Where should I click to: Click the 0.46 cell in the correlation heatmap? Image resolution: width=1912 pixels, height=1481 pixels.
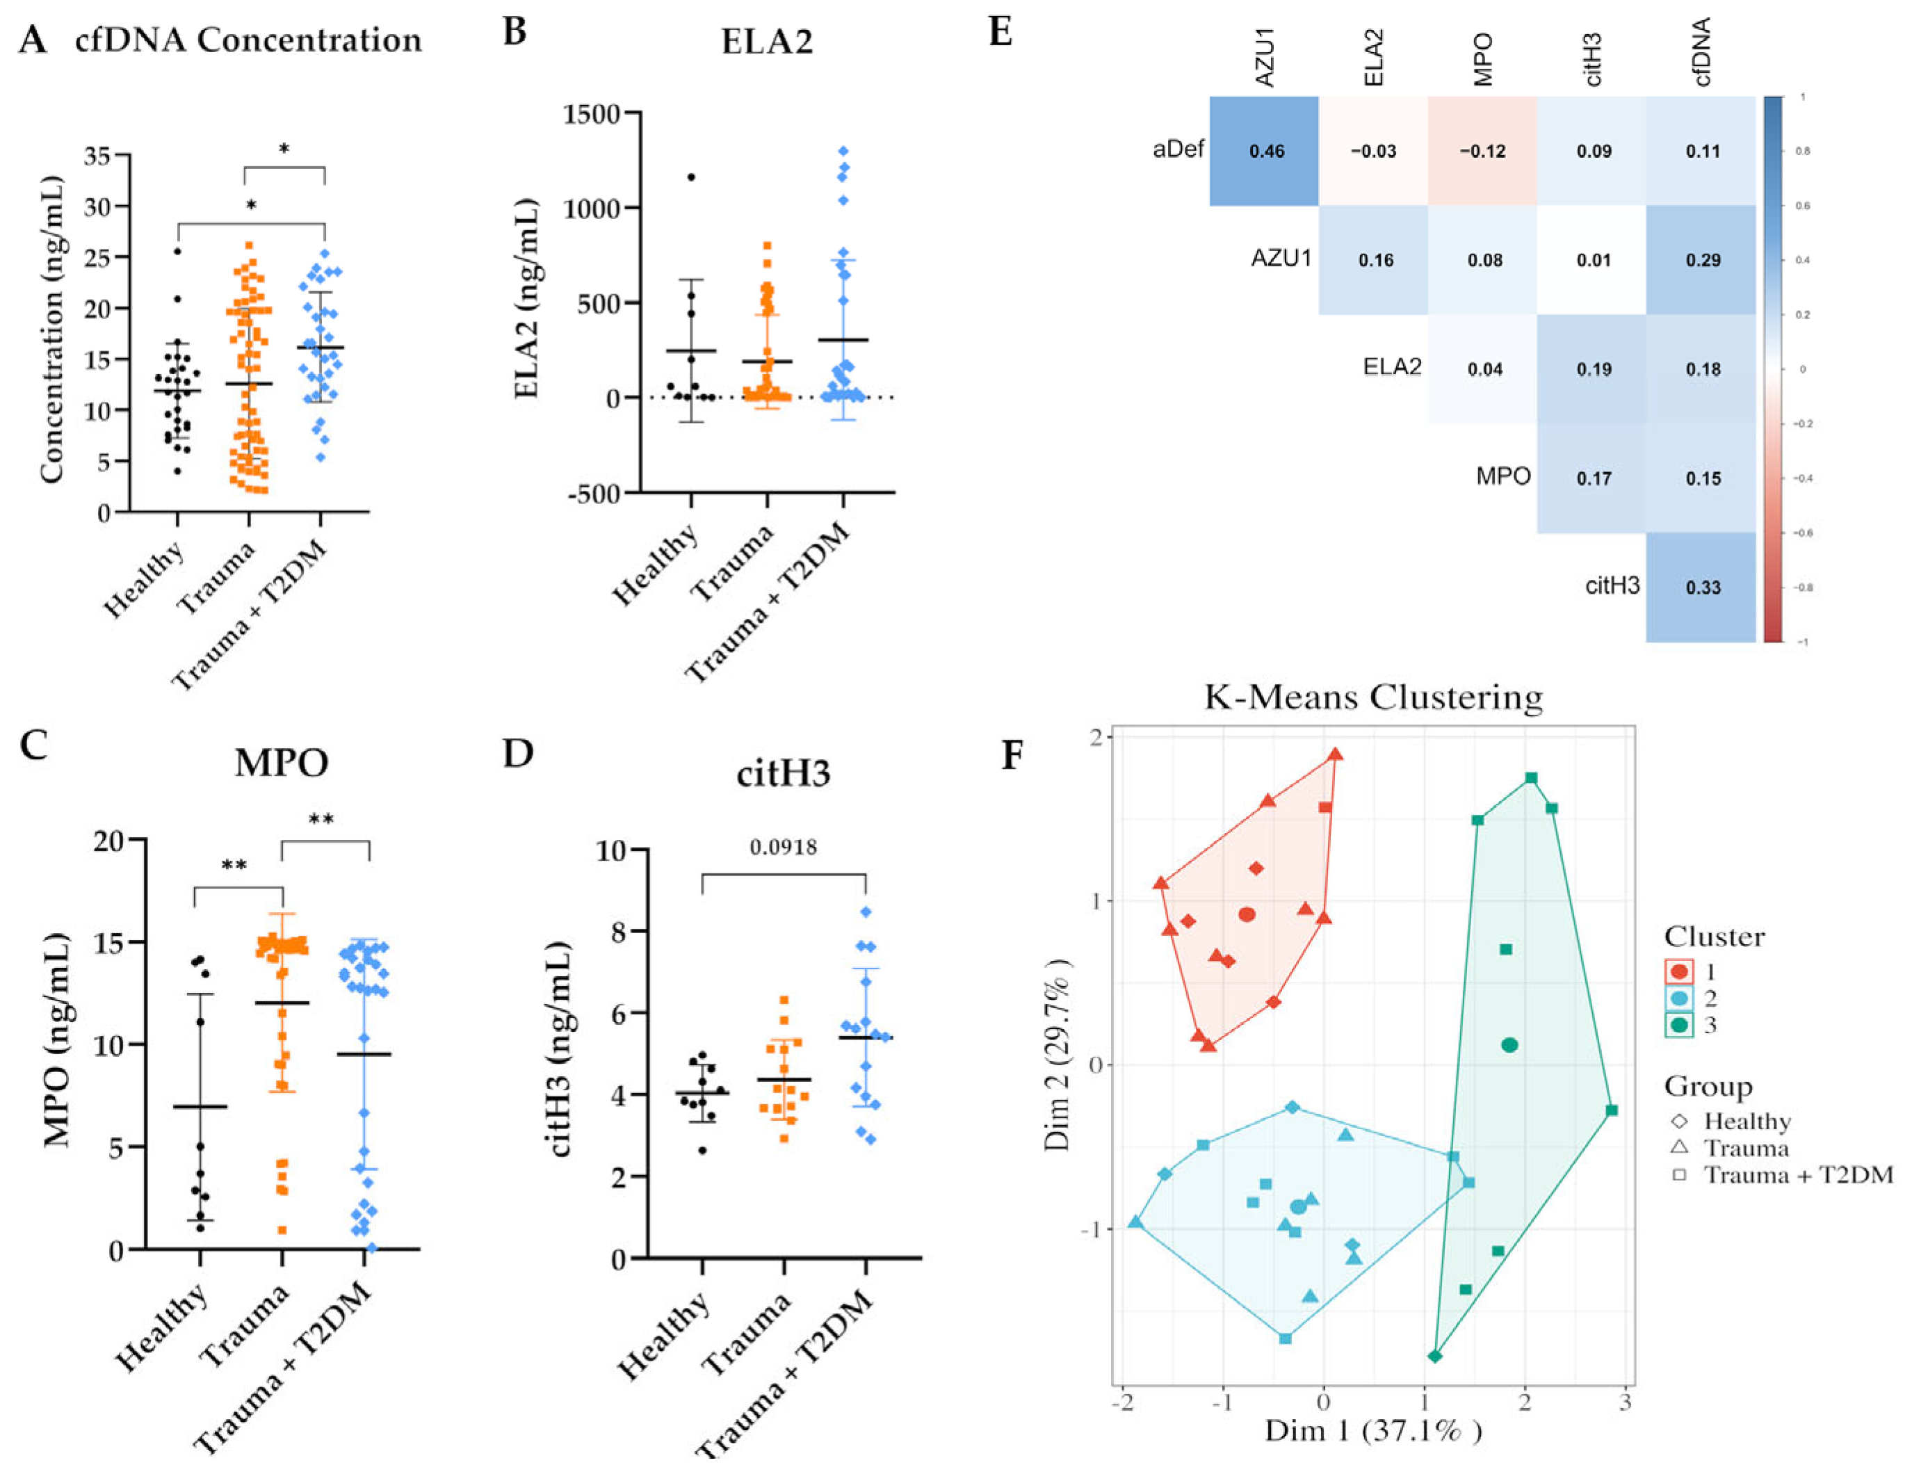tap(1266, 152)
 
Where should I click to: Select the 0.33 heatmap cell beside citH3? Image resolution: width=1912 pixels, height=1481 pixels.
tap(1703, 588)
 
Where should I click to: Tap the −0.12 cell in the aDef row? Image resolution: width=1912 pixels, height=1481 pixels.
tap(1482, 152)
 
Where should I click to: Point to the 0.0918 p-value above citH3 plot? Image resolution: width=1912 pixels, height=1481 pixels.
tap(784, 848)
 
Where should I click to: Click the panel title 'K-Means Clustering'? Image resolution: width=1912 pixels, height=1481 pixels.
tap(1372, 697)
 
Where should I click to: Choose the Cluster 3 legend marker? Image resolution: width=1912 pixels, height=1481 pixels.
tap(1679, 1025)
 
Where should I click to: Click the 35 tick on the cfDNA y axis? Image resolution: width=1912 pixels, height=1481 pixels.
tap(97, 156)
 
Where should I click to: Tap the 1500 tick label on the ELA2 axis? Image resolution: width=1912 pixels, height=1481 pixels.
tap(592, 114)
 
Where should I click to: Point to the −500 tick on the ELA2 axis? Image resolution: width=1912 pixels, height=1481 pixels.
tap(594, 494)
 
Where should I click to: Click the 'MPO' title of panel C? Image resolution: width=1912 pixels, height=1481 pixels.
tap(281, 762)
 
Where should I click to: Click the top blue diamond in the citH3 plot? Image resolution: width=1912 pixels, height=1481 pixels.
tap(866, 912)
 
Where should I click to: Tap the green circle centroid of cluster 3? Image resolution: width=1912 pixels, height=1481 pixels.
tap(1509, 1045)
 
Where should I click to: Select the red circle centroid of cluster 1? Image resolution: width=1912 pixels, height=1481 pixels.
tap(1247, 915)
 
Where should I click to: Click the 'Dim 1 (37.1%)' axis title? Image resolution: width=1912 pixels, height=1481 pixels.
tap(1372, 1430)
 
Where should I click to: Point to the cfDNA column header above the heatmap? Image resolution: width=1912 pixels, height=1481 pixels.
tap(1702, 53)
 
